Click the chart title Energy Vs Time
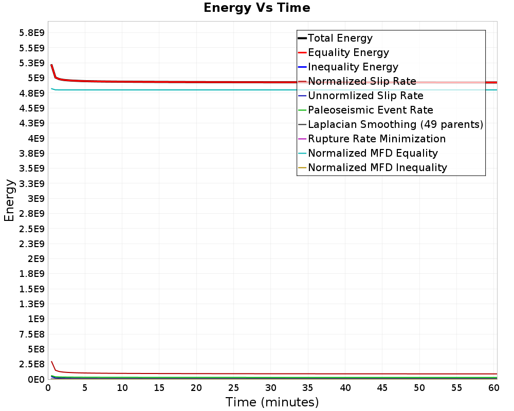[257, 8]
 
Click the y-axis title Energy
[9, 200]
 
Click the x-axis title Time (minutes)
[272, 402]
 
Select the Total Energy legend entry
[340, 38]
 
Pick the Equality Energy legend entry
[348, 52]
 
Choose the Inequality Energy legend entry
[353, 67]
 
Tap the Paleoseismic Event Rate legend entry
[370, 110]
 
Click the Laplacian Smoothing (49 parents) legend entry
[395, 124]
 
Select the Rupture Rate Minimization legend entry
[376, 139]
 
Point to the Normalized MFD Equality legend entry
[373, 153]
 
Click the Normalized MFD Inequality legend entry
[377, 167]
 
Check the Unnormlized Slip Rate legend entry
[365, 96]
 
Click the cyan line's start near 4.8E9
[52, 88]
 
